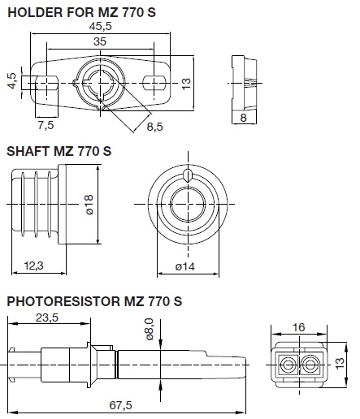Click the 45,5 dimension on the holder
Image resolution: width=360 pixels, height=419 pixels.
pyautogui.click(x=100, y=26)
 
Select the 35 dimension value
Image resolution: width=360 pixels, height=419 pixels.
pyautogui.click(x=100, y=41)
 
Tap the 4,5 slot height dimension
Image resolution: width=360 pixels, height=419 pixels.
pyautogui.click(x=12, y=81)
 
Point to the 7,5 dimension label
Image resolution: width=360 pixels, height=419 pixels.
pyautogui.click(x=46, y=125)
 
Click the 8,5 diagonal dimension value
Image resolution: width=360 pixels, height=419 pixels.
pyautogui.click(x=155, y=127)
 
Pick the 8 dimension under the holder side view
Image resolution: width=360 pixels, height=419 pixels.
pyautogui.click(x=243, y=118)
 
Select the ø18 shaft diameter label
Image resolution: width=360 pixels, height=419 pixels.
pyautogui.click(x=89, y=205)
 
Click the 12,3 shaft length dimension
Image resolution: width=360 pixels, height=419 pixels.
pyautogui.click(x=34, y=266)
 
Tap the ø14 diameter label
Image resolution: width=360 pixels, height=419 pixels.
pyautogui.click(x=185, y=266)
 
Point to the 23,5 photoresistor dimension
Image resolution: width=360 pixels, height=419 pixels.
pyautogui.click(x=47, y=317)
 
